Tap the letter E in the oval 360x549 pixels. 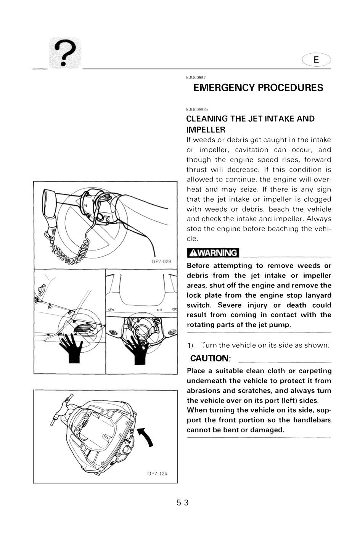point(316,60)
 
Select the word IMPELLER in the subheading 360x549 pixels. point(206,130)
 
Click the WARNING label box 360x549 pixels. point(213,253)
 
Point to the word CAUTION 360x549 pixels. point(210,358)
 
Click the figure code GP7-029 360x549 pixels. point(161,261)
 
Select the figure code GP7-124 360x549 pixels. point(157,474)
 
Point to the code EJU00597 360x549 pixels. point(196,77)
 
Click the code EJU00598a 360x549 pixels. point(197,109)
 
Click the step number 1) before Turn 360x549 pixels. point(190,345)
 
